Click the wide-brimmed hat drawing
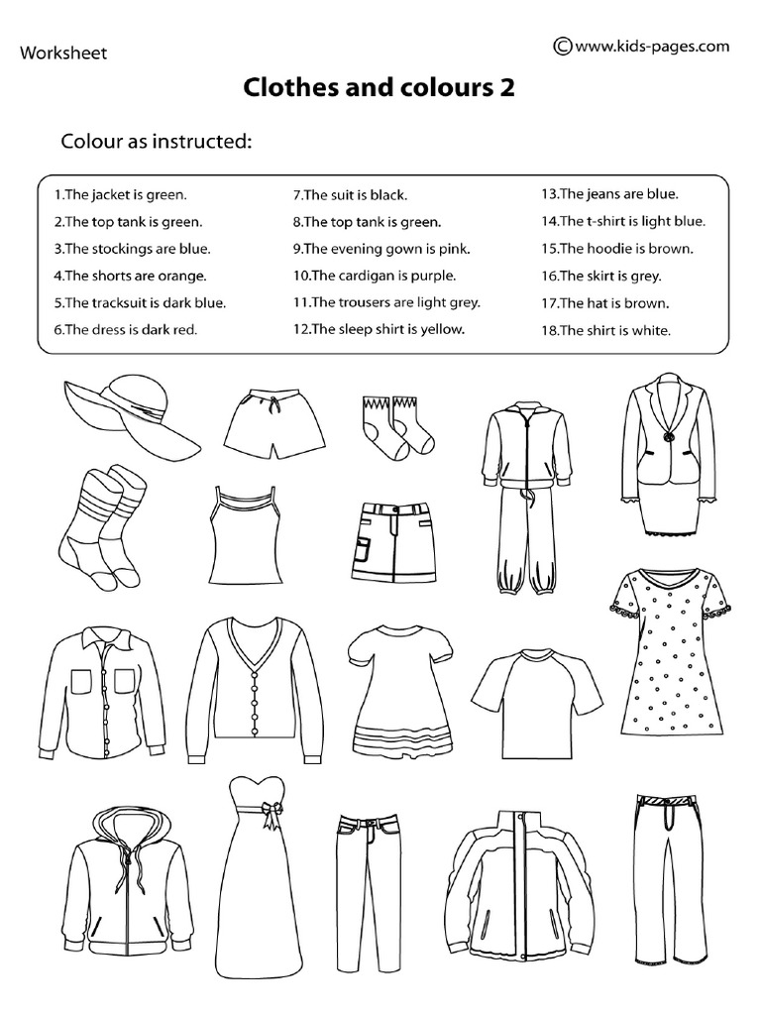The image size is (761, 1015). [129, 408]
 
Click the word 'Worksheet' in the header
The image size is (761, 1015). [63, 53]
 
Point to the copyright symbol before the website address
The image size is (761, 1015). [562, 45]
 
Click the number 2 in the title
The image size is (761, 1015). [507, 89]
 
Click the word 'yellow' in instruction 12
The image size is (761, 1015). [443, 329]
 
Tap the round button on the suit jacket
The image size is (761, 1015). [667, 437]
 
